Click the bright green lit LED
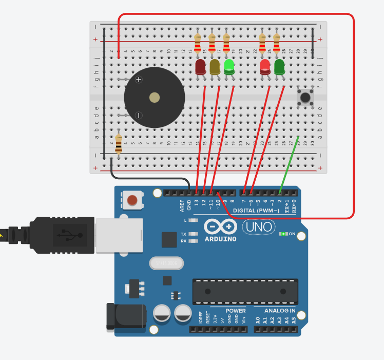pyautogui.click(x=229, y=66)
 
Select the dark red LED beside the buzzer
pyautogui.click(x=200, y=67)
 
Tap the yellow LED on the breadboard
pyautogui.click(x=215, y=67)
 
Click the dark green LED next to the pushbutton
pyautogui.click(x=279, y=67)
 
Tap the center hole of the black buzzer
pyautogui.click(x=153, y=98)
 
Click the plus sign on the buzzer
pyautogui.click(x=138, y=80)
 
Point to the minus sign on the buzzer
pyautogui.click(x=138, y=115)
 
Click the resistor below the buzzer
pyautogui.click(x=119, y=144)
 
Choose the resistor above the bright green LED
pyautogui.click(x=226, y=44)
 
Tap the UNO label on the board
pyautogui.click(x=258, y=226)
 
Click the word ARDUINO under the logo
pyautogui.click(x=220, y=239)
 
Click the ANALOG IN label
pyautogui.click(x=280, y=311)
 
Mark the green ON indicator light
pyautogui.click(x=282, y=234)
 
